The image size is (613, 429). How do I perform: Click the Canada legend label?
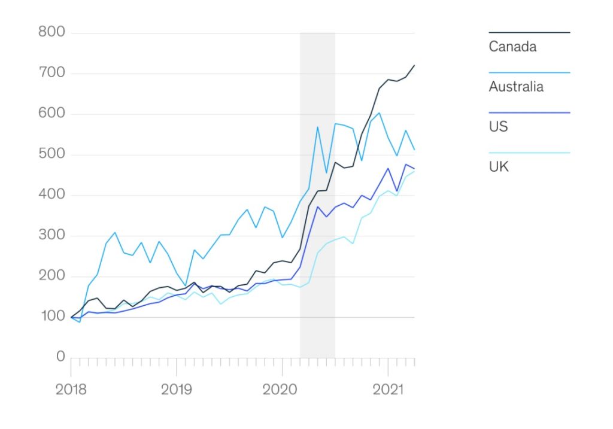coord(512,47)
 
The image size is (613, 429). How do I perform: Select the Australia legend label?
coord(516,87)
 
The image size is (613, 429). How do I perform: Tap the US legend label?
coord(499,127)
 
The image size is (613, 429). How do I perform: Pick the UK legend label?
coord(499,167)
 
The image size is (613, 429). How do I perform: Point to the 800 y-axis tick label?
coord(51,32)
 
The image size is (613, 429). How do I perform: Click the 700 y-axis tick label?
coord(51,74)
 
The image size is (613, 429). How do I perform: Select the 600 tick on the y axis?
coord(51,114)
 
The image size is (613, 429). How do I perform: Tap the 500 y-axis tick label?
coord(51,155)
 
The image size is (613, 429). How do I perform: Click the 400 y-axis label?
coord(51,195)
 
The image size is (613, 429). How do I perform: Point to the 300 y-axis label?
coord(51,236)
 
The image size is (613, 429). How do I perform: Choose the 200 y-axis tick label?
coord(51,276)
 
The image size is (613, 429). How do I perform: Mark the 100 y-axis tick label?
coord(51,317)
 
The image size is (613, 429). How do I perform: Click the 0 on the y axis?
coord(60,357)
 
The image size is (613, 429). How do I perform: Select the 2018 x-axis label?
coord(71,390)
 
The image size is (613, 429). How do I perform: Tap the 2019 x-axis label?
coord(177,390)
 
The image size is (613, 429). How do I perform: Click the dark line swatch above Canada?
coord(529,32)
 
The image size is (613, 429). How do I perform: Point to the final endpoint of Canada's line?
coord(414,65)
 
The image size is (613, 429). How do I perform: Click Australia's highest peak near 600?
coord(379,113)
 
